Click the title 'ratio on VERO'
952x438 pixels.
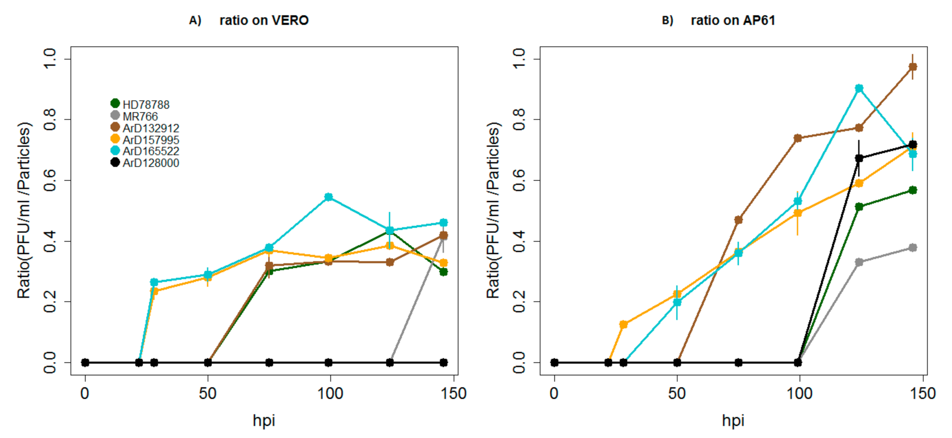coord(264,20)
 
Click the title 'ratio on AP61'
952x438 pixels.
coord(733,20)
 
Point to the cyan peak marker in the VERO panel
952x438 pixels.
coord(329,197)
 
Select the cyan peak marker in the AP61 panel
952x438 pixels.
coord(859,88)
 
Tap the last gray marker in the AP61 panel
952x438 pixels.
coord(913,247)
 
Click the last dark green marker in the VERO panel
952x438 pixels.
coord(444,272)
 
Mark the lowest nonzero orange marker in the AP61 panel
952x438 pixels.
coord(623,325)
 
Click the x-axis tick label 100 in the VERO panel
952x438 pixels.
coord(330,393)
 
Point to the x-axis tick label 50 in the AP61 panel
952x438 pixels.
coord(677,393)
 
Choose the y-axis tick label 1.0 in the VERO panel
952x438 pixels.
coord(49,58)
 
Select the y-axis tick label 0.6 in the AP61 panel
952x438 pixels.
coord(519,180)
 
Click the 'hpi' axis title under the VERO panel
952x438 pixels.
coord(263,421)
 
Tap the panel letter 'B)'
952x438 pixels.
coord(668,20)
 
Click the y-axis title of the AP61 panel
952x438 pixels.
coord(493,210)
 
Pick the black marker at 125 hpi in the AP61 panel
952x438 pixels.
coord(859,158)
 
